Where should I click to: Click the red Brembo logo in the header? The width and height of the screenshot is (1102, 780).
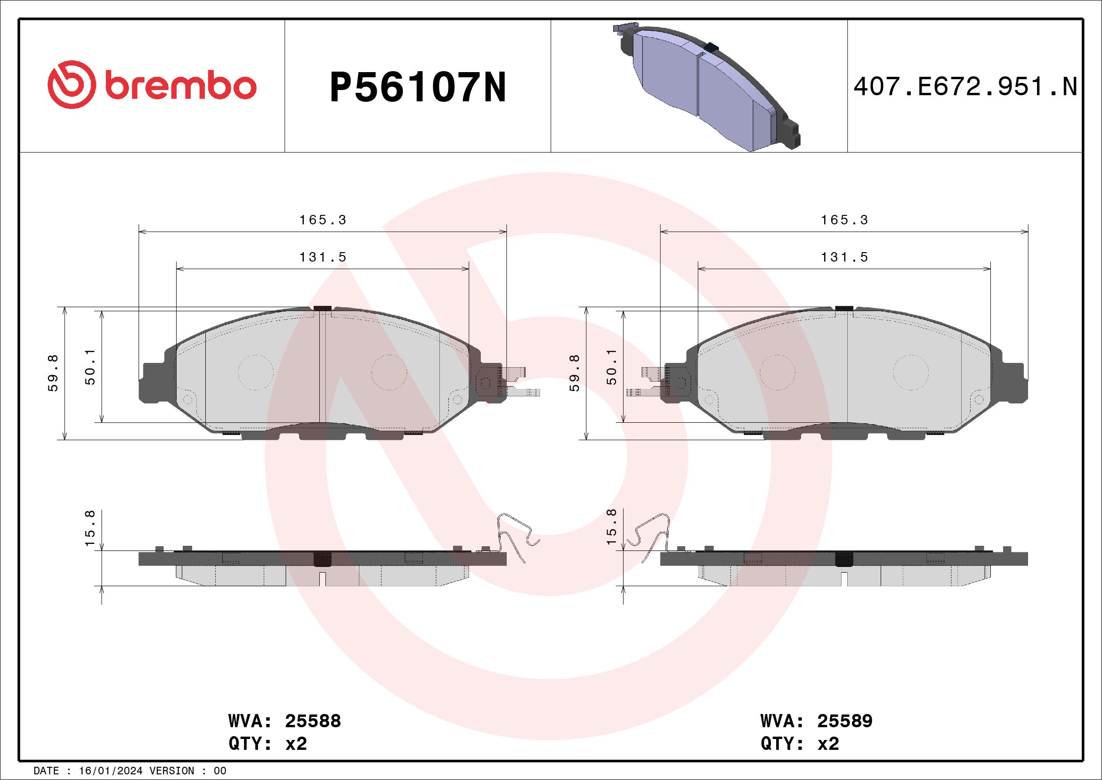[152, 86]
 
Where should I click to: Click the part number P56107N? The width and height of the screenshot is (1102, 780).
[418, 87]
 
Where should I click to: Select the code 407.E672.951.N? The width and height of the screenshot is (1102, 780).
[965, 87]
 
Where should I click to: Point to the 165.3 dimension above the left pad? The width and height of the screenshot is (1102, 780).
[323, 220]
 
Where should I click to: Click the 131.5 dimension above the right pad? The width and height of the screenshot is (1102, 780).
[844, 257]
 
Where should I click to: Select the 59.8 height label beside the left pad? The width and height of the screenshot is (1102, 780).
[53, 373]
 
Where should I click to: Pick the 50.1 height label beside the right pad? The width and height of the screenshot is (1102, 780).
[611, 367]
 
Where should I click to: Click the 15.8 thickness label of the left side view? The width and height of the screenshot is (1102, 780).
[90, 528]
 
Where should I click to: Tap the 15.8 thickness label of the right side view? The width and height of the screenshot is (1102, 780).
[611, 527]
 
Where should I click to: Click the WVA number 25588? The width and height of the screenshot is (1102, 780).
[312, 721]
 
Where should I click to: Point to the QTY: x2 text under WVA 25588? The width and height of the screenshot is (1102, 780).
[267, 744]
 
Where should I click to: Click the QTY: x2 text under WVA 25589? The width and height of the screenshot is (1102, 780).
[800, 744]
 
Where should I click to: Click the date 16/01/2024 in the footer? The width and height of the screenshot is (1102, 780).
[110, 771]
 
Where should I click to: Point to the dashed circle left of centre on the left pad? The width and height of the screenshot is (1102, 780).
[256, 373]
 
